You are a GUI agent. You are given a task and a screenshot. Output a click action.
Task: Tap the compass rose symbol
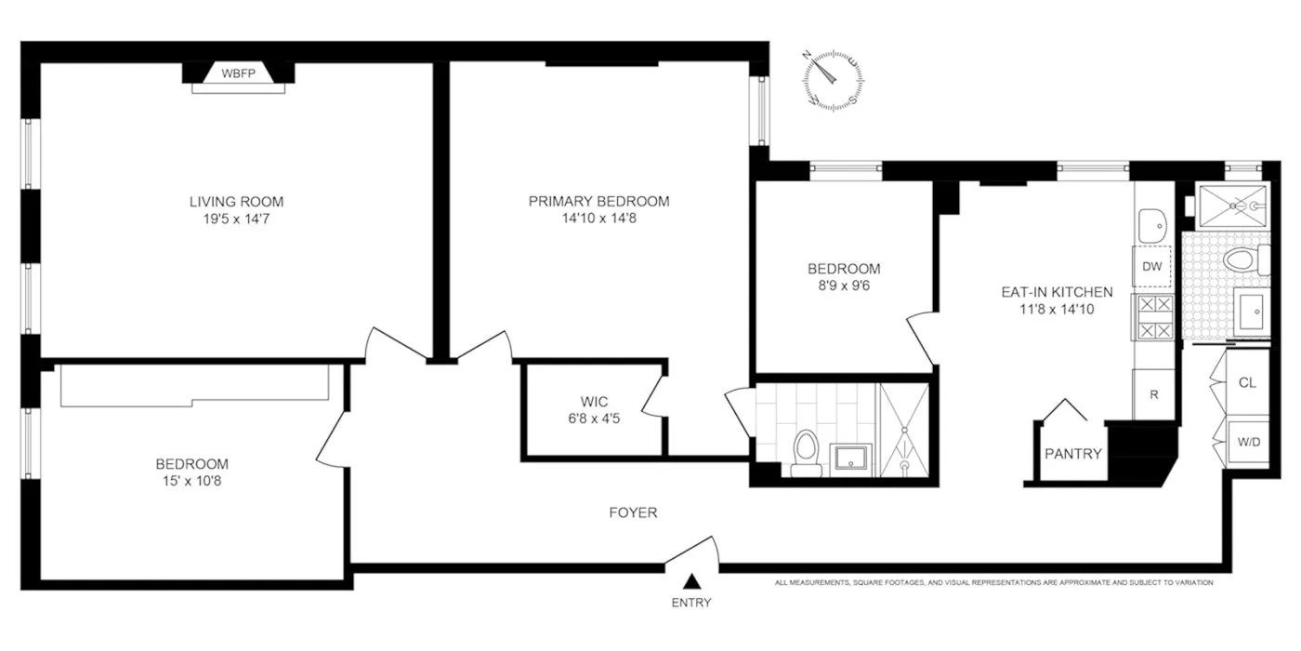(834, 82)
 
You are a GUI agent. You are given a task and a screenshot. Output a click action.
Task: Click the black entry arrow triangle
(691, 582)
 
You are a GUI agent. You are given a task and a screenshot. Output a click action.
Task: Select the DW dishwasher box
(1152, 266)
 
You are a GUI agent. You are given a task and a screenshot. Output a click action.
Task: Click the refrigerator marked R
(1153, 394)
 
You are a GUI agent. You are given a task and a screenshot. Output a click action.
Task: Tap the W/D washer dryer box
(1248, 442)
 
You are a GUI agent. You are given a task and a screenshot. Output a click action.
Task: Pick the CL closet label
(1248, 382)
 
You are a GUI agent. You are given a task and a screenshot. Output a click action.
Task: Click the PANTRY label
(1072, 454)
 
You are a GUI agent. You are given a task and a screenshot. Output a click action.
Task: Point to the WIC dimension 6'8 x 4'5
(595, 418)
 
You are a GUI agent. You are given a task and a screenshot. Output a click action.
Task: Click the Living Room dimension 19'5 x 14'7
(236, 219)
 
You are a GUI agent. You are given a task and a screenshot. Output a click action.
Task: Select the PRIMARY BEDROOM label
(598, 201)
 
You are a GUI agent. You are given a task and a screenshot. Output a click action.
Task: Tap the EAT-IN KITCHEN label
(1056, 291)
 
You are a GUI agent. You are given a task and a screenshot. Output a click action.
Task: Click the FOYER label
(634, 512)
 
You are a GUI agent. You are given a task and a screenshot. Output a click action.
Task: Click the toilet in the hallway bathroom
(805, 450)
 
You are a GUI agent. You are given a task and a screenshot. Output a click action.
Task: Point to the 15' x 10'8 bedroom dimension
(191, 481)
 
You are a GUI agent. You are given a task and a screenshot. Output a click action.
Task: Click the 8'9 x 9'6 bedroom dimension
(843, 286)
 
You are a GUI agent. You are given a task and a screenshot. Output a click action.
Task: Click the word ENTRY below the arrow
(691, 603)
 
